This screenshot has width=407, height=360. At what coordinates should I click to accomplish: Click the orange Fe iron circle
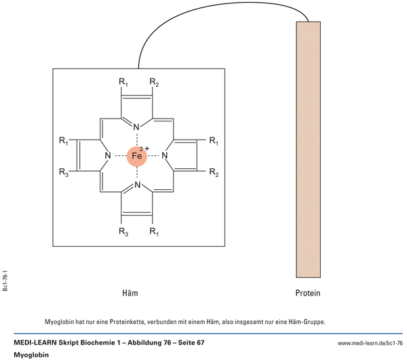[136, 156]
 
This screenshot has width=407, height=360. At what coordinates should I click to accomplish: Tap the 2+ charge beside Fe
[144, 147]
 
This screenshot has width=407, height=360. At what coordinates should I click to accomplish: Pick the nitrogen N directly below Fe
[136, 185]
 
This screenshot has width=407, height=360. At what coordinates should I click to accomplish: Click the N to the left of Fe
[107, 156]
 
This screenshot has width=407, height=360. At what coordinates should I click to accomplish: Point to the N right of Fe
[165, 156]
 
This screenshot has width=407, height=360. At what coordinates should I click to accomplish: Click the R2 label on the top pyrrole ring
[155, 83]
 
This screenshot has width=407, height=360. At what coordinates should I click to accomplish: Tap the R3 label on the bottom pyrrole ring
[123, 233]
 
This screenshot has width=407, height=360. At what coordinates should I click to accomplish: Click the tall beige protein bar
[308, 149]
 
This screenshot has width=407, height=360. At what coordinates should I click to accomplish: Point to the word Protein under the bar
[307, 294]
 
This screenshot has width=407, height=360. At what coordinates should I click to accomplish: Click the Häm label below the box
[129, 294]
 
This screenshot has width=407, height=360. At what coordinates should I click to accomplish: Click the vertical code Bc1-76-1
[5, 278]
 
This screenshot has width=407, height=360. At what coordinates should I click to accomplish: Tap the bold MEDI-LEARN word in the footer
[37, 343]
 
